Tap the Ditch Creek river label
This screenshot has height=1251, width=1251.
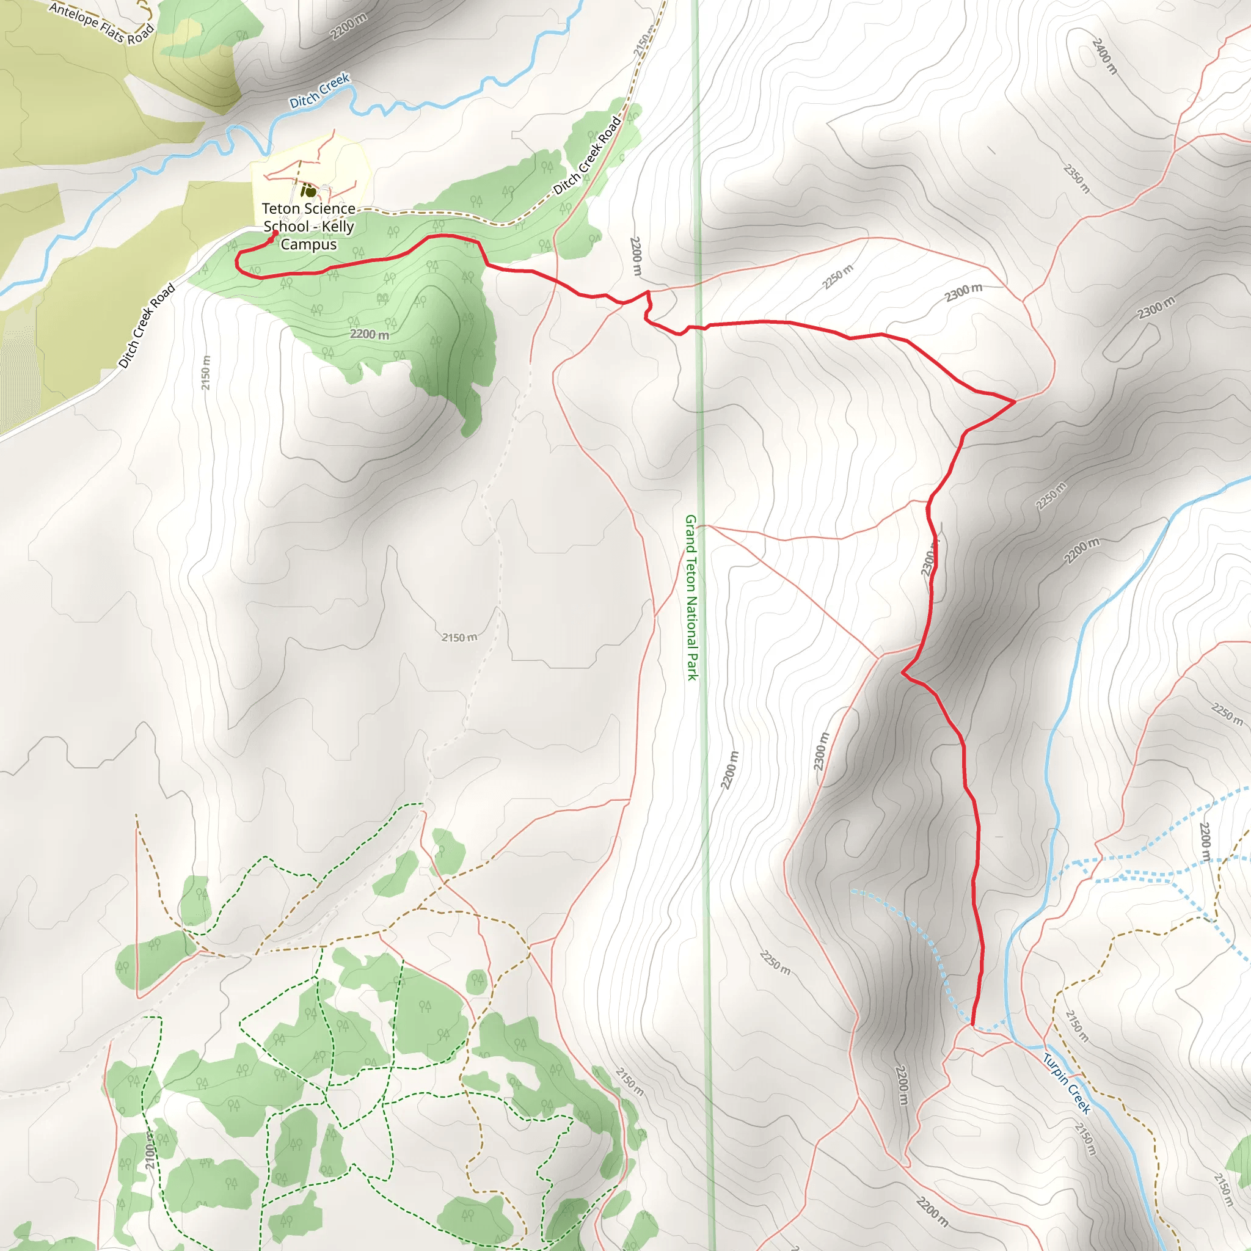click(x=319, y=91)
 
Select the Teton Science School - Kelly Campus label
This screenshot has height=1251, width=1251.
click(x=309, y=226)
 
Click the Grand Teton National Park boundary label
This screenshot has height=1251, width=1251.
click(x=691, y=597)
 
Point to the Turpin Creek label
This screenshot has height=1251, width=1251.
click(x=1067, y=1082)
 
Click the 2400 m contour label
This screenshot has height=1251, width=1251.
click(x=1104, y=56)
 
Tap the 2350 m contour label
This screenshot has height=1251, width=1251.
click(x=1077, y=179)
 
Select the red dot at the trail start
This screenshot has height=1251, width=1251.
click(x=275, y=233)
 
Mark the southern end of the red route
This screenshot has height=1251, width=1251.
click(x=972, y=1024)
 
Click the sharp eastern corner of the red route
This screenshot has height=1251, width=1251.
click(x=1014, y=401)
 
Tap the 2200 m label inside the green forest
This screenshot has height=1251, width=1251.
click(x=370, y=334)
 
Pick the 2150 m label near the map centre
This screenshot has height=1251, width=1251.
click(x=459, y=637)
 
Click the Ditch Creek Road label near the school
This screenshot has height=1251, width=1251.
click(x=587, y=155)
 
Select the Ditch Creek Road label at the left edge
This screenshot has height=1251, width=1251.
click(x=147, y=326)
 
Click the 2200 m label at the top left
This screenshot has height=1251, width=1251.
click(x=348, y=26)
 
